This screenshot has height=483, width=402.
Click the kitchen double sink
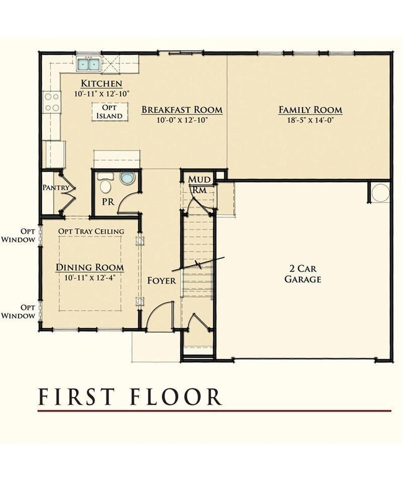[88, 64]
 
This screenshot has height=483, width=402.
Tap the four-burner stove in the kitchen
[52, 102]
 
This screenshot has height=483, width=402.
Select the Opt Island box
[109, 111]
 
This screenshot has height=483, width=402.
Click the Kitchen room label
[101, 84]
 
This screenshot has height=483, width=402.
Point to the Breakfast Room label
[182, 110]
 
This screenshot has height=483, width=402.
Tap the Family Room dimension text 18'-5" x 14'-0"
[310, 120]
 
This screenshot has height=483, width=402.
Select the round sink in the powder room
[127, 178]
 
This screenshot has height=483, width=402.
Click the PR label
[108, 202]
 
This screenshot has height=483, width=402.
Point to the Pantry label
[56, 187]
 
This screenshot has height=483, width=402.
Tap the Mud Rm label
[199, 185]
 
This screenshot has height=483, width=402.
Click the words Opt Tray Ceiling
[92, 231]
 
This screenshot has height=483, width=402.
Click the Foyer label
[161, 281]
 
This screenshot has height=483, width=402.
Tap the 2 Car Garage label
[302, 274]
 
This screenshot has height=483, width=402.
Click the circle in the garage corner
[380, 193]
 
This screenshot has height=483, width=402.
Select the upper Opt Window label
[19, 235]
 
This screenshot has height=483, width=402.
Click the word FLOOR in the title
[176, 396]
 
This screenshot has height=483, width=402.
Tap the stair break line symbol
[199, 264]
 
